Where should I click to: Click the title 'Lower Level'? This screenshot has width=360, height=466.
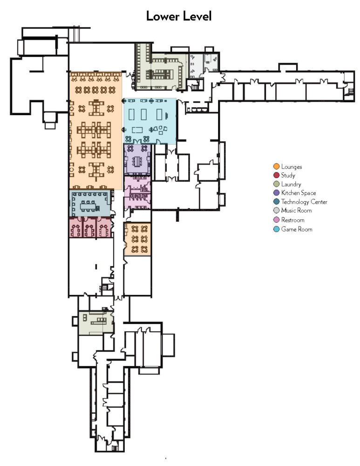pos(179,16)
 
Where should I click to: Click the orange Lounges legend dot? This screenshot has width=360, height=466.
pos(276,166)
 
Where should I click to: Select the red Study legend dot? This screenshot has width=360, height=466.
pos(276,175)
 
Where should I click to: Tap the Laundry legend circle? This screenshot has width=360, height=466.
pos(276,184)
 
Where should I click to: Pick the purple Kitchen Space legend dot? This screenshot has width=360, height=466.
pos(276,193)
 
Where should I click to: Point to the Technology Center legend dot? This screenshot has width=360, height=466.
pos(276,202)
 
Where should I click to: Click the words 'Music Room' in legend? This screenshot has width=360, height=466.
pos(296,211)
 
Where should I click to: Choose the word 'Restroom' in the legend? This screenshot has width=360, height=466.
pos(293,220)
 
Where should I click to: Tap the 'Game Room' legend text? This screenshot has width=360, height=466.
pos(297,229)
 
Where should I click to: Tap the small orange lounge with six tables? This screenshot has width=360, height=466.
pos(138,239)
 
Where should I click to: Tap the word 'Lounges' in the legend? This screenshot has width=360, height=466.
pos(292,166)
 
